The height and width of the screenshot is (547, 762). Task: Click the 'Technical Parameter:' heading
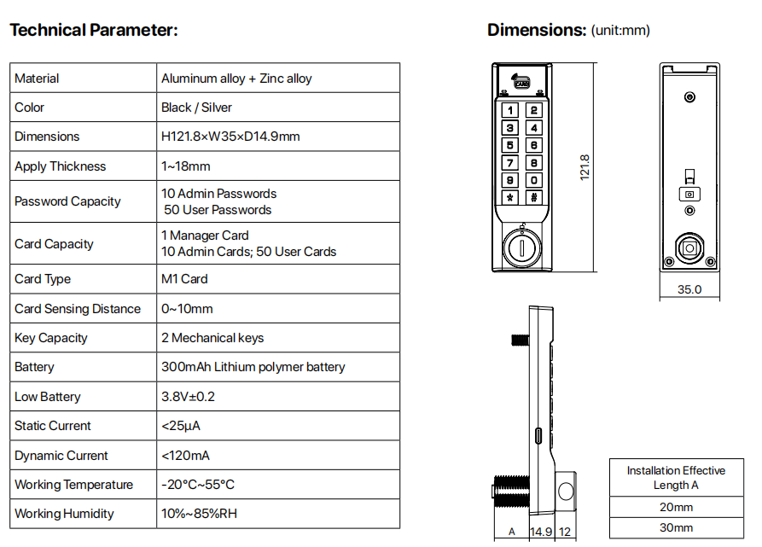coord(94,30)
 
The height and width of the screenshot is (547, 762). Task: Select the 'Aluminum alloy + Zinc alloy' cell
coord(236,79)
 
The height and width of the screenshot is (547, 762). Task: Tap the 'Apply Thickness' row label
coord(61,166)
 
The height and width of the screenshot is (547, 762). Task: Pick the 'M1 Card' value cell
coord(184,279)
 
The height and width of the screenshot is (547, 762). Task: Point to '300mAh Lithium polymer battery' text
coord(253,367)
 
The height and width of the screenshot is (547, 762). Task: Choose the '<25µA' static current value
coord(181,426)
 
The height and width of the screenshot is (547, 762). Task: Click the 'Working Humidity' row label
coord(64,514)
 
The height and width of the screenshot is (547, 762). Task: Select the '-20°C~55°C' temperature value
coord(198,485)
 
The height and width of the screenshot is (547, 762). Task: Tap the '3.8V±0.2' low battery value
coord(188,397)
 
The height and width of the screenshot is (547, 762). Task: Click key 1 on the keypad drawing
coord(509,110)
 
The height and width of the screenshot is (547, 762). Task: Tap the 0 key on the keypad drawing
coord(533,180)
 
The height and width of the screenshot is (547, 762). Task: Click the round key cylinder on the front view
coord(522,247)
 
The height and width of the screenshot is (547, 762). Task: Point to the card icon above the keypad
coord(521,81)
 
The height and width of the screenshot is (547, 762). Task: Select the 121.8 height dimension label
coord(585,167)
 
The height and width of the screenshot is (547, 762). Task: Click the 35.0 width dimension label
coord(689,289)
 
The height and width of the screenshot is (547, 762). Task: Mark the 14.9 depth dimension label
coord(541,532)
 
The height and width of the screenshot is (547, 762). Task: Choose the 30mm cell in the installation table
coord(676,527)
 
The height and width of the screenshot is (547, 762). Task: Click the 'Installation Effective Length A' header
coord(676,478)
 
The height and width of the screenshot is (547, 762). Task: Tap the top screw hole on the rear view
coord(689,97)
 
